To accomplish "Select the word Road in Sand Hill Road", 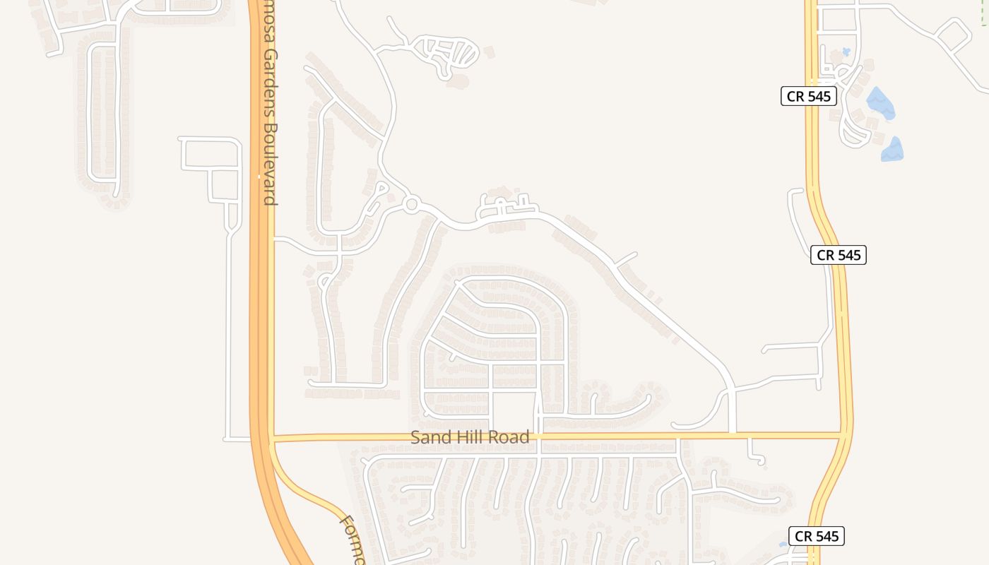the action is [510, 438].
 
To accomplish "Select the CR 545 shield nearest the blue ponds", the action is [808, 96].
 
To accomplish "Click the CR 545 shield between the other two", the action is [838, 255].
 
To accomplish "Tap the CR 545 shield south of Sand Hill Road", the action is [816, 536].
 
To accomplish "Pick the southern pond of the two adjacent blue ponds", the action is [892, 149].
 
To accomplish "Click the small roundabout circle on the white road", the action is [412, 205].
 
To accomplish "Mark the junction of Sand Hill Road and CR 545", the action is [845, 436].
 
